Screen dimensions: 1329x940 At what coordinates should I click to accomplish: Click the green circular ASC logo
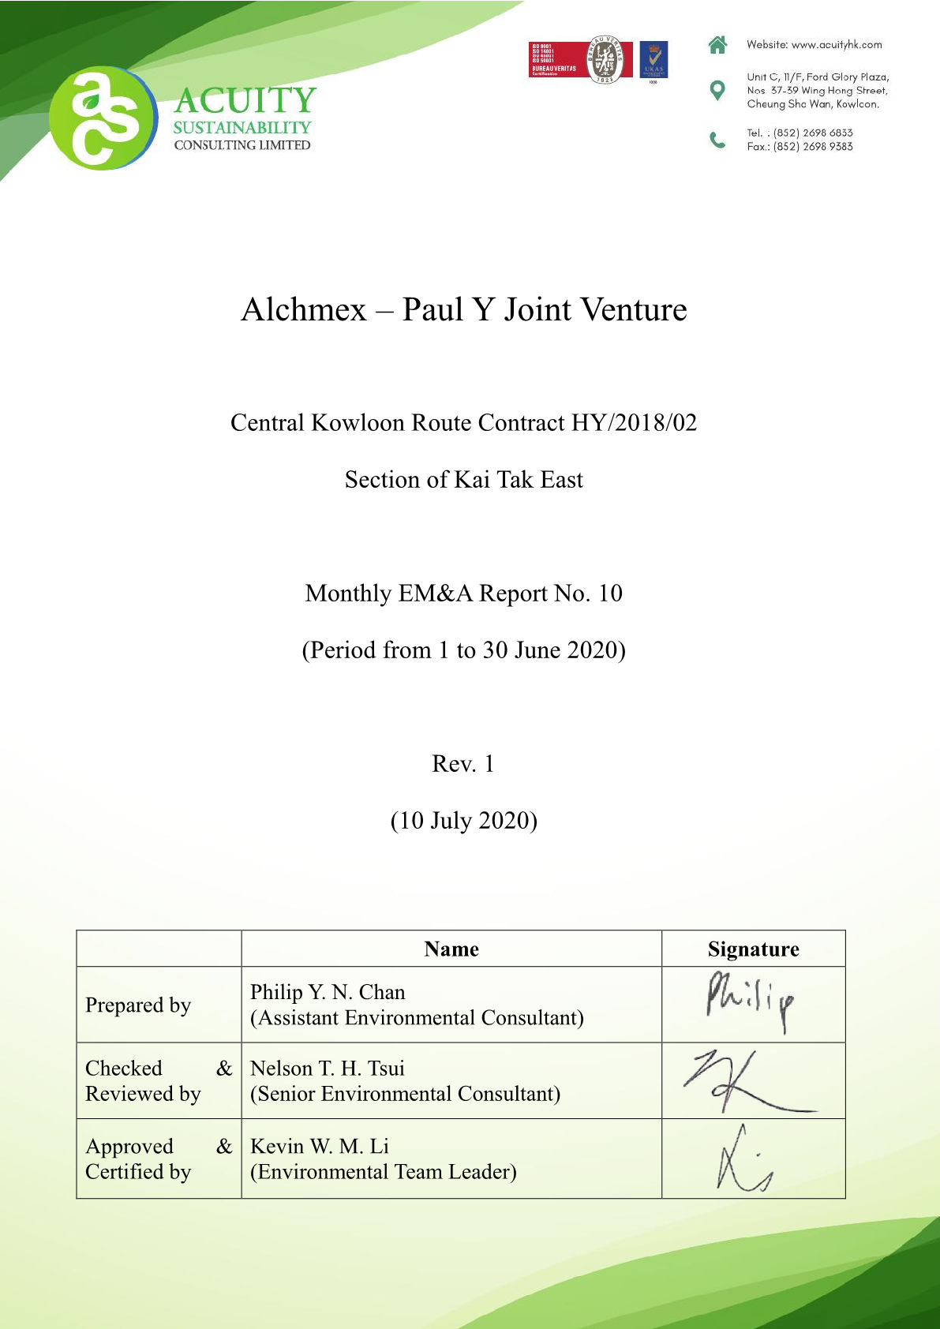[x=103, y=118]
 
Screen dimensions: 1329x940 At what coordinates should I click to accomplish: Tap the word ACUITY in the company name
[x=245, y=101]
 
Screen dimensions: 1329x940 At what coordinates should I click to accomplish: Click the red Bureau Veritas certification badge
[x=579, y=60]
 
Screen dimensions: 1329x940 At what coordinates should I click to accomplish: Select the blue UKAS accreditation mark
[x=653, y=60]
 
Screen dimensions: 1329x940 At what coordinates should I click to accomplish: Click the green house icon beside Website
[x=717, y=45]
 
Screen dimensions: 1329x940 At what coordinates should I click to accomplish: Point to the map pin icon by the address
[x=717, y=90]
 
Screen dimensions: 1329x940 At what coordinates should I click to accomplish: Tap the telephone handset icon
[x=717, y=140]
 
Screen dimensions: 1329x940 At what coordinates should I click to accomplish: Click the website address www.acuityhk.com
[x=837, y=45]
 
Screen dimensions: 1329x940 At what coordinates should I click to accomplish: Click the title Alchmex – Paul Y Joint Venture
[x=464, y=309]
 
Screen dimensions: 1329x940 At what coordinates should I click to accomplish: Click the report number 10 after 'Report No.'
[x=610, y=593]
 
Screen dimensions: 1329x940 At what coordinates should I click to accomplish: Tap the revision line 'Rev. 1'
[x=463, y=764]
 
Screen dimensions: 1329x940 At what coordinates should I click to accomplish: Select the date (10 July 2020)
[x=464, y=821]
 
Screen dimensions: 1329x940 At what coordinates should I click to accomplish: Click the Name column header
[x=451, y=949]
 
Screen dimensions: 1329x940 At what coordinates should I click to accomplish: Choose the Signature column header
[x=753, y=949]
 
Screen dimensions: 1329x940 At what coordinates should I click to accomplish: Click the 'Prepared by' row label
[x=138, y=1005]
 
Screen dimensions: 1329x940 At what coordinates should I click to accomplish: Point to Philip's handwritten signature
[x=750, y=999]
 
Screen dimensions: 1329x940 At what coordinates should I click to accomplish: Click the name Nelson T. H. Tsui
[x=328, y=1069]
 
